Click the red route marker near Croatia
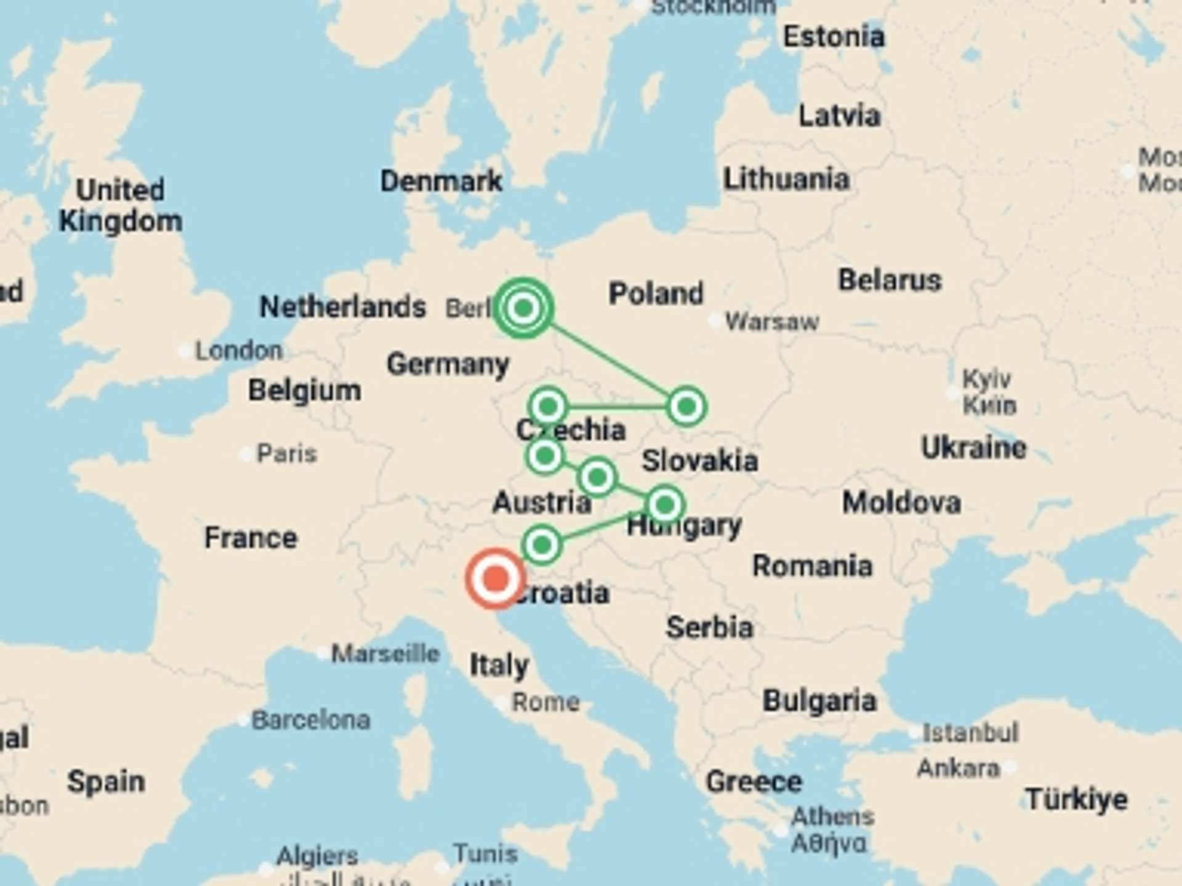pos(496,578)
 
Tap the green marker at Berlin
pos(523,307)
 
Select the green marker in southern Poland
pos(686,406)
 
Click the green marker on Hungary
pos(665,505)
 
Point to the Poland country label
pos(656,293)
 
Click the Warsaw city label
pos(772,321)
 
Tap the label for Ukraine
pos(973,447)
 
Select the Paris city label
pos(286,453)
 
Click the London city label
pos(239,351)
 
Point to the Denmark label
pos(441,181)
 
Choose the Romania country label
pos(812,565)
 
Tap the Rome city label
pos(545,702)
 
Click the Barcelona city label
pos(311,719)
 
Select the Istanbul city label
pos(970,733)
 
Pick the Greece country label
pos(754,781)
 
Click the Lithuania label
pos(786,179)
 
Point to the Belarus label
pos(890,280)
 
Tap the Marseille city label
pos(385,653)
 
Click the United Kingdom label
pos(121,206)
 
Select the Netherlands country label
pos(343,306)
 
